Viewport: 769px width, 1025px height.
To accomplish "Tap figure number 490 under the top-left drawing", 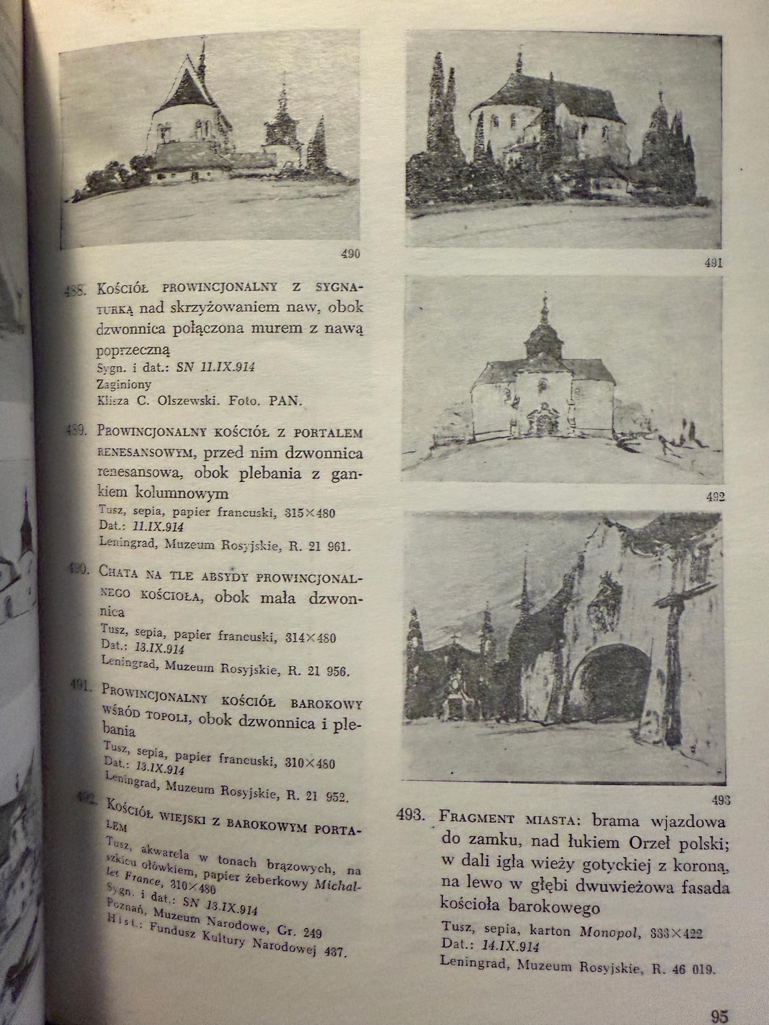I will click(350, 254).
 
